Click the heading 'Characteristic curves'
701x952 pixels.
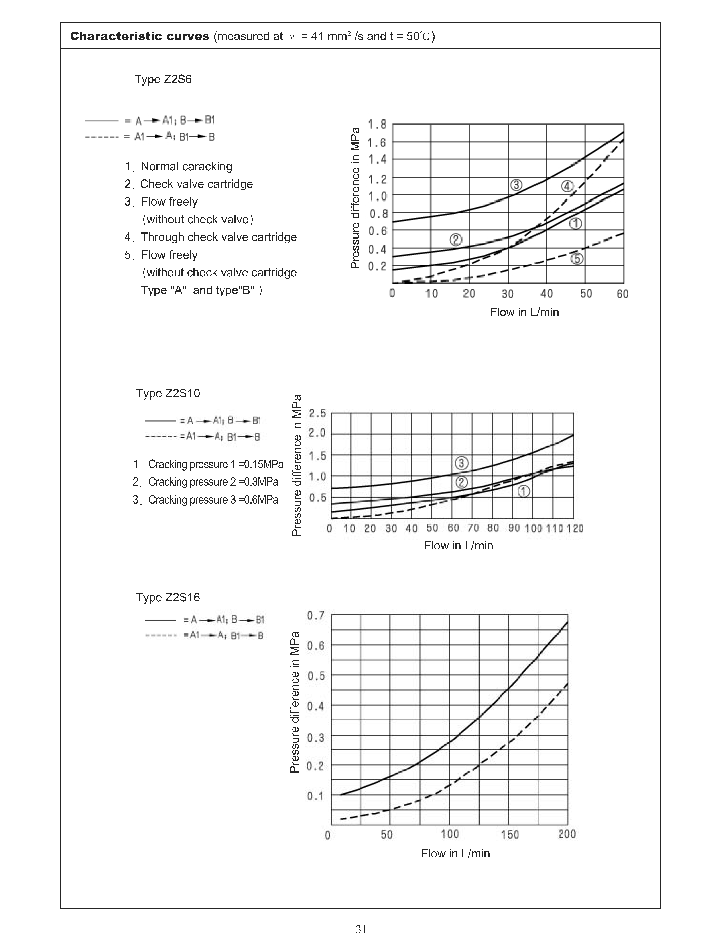coord(140,37)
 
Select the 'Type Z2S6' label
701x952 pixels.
coord(163,79)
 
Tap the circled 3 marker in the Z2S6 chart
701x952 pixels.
coord(516,185)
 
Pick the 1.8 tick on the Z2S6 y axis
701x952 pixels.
coord(377,124)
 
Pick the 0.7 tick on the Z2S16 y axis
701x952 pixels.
coord(316,616)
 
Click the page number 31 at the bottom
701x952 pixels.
coord(360,929)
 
